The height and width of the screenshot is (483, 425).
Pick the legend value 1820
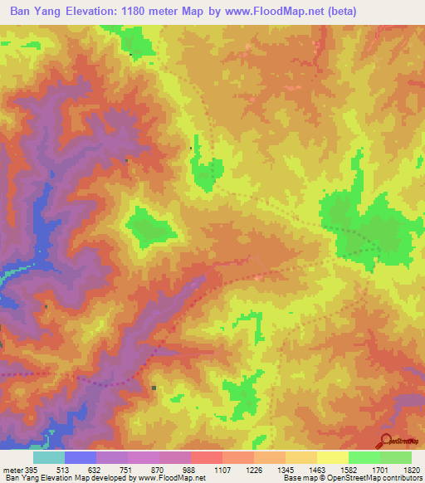pos(413,469)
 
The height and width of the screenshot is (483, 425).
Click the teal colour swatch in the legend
pos(48,457)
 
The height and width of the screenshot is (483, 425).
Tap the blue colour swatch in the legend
pos(80,457)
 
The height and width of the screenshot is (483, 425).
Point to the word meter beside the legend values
pos(12,469)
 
